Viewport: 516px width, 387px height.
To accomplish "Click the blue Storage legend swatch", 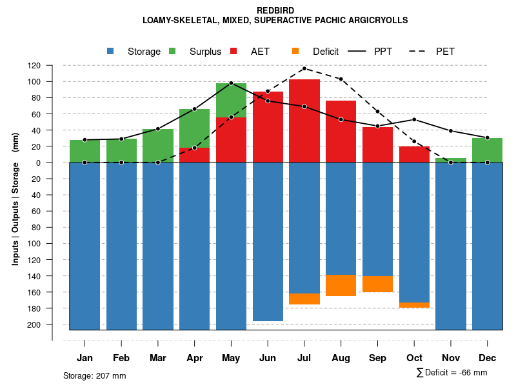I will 111,52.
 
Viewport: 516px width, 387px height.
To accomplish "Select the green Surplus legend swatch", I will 172,52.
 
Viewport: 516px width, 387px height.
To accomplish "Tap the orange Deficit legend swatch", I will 295,52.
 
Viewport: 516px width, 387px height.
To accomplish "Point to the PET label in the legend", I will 445,52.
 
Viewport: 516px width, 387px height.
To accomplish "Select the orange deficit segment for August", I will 341,285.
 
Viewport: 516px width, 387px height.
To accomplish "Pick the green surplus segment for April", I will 194,128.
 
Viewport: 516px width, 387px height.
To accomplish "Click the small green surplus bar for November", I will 451,160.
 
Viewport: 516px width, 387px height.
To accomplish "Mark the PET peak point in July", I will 304,68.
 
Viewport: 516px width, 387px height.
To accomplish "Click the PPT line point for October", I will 414,119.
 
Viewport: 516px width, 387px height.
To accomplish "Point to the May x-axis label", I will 231,358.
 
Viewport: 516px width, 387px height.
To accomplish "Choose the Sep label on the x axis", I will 377,358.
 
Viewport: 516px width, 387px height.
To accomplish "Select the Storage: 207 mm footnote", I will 95,375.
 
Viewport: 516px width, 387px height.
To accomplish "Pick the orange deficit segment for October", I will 414,305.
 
